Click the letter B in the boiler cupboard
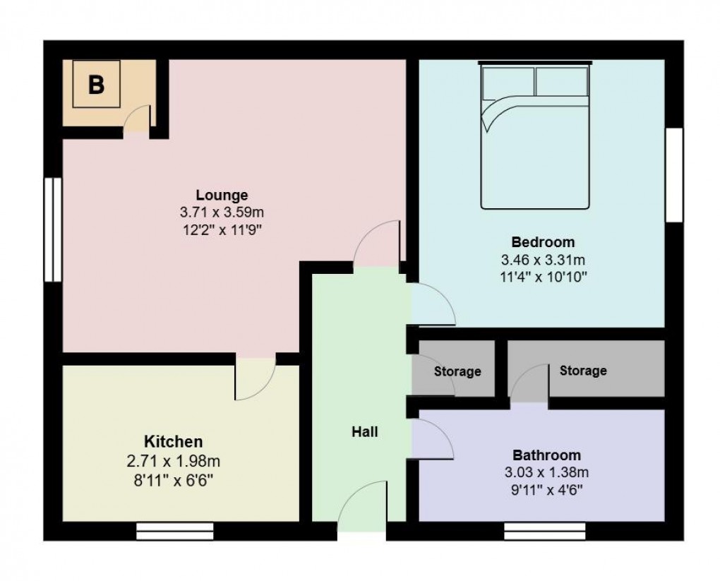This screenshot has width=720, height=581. coord(96,85)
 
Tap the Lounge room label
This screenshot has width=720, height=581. coord(222,195)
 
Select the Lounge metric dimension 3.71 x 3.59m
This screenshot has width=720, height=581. coord(222,212)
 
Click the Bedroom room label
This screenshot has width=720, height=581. coord(544,242)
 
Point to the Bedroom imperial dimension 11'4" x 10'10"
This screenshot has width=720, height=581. coord(544,276)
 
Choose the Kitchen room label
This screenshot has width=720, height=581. coord(174,442)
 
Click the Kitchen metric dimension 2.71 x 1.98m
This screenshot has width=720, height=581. coord(174,462)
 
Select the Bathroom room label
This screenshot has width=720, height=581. coord(546,455)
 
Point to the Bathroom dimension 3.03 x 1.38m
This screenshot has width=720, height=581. coord(546,472)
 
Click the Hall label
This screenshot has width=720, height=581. coord(365,431)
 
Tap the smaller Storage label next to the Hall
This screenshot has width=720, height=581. coord(457,371)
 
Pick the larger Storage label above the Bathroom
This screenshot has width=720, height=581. coord(583,370)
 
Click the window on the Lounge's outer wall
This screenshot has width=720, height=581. coord(53,229)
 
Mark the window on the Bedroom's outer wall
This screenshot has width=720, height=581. coord(676,175)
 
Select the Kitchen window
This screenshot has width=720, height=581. coord(174,531)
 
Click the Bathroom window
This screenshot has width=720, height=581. coord(545,531)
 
